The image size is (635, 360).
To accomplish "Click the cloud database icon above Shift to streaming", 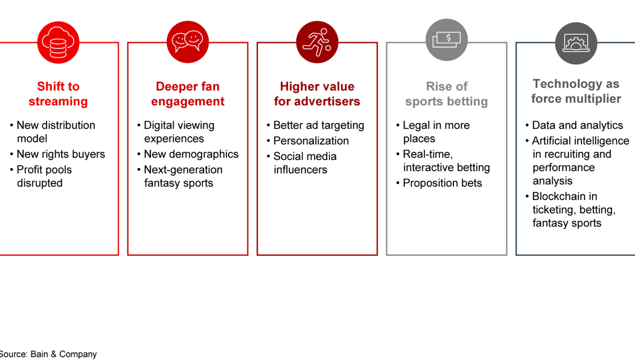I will point(58,42).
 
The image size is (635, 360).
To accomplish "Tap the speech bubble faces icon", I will point(188,42).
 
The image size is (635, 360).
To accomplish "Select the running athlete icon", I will point(317,42).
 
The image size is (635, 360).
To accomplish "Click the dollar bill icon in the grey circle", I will point(446,40).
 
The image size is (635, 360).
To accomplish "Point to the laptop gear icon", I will point(576,42).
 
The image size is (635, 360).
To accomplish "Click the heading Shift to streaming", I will point(58,94).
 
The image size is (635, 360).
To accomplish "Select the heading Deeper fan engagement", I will point(188,94).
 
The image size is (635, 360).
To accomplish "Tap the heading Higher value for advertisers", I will point(317,94).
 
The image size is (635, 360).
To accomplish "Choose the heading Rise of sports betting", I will point(446,94).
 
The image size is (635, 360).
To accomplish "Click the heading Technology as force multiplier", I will point(576,91).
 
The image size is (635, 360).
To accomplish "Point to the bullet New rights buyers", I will point(61,154).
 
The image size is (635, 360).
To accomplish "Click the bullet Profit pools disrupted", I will point(44,176).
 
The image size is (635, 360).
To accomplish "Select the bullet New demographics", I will point(191,154).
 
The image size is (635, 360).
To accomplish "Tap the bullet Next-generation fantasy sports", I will point(183,176).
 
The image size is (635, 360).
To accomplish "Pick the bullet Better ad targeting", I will point(319,125).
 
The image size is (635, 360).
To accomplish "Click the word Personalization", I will point(311,141).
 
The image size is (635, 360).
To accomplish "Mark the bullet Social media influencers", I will point(305,163).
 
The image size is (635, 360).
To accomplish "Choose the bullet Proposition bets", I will point(442,183).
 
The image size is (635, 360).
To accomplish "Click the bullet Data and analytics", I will point(577,125).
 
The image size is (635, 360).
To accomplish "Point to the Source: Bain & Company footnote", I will point(48,354).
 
